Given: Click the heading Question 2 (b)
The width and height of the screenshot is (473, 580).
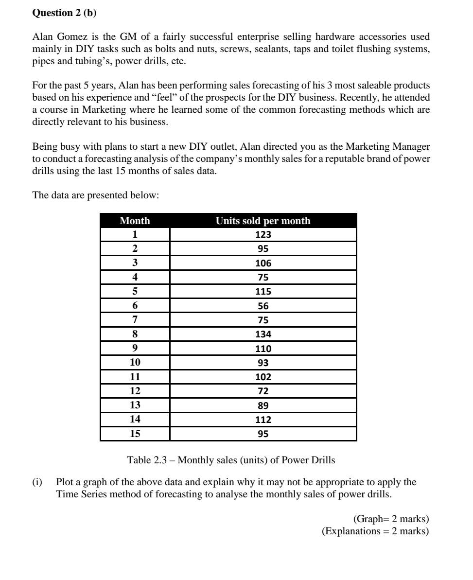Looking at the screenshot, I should [x=64, y=13].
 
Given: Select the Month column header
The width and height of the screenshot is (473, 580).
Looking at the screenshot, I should [x=135, y=221].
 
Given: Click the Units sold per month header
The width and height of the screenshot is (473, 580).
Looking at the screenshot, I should [x=263, y=221].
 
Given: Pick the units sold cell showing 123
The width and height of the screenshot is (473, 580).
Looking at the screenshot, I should [x=263, y=235].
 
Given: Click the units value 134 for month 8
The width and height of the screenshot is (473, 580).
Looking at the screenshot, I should [x=263, y=334].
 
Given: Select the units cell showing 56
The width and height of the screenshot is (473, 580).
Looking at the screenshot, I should [x=263, y=306].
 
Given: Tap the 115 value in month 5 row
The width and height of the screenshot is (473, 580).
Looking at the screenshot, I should [x=263, y=292].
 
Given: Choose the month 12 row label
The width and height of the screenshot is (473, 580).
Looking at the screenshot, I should [x=135, y=391].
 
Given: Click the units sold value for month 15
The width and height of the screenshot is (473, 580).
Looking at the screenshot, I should [x=263, y=434].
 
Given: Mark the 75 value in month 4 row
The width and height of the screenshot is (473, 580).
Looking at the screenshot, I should [x=263, y=278].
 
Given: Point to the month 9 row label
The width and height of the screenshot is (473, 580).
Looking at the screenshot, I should [x=135, y=348].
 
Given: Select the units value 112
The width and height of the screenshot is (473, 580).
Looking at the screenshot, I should [x=263, y=419].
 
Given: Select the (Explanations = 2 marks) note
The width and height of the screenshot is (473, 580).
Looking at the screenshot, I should [x=375, y=531].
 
